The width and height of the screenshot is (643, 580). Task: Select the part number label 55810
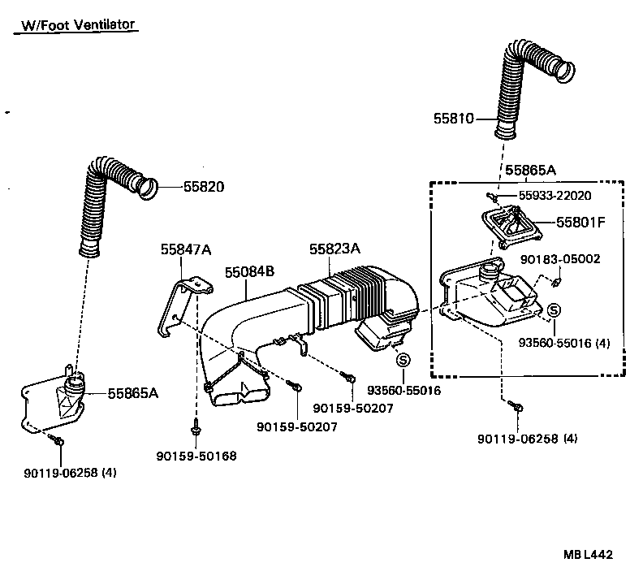(x=452, y=119)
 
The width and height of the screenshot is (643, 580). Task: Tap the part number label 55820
(x=203, y=187)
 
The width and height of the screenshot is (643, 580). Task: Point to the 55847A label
(x=184, y=252)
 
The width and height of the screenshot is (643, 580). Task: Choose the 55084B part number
(x=250, y=272)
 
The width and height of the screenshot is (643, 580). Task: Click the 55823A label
(x=334, y=249)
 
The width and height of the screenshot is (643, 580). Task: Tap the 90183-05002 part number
(x=559, y=259)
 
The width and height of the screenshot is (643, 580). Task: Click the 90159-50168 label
(x=196, y=457)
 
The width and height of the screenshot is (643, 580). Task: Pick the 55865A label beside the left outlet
(x=132, y=393)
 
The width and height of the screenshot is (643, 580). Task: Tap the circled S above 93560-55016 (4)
(x=554, y=310)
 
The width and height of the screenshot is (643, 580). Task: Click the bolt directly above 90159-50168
(x=196, y=426)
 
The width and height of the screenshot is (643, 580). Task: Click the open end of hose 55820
(x=146, y=189)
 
